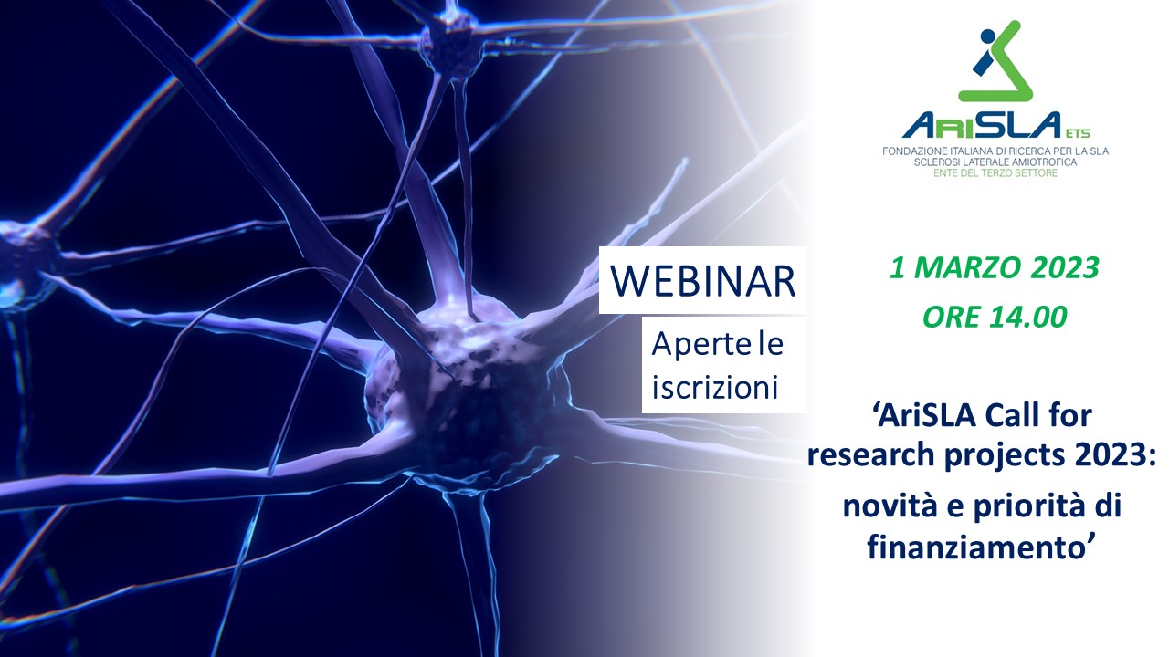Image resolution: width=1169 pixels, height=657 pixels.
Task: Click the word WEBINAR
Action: click(x=703, y=282)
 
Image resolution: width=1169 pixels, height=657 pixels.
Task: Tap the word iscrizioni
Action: click(x=715, y=388)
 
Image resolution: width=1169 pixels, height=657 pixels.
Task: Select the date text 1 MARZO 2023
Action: click(x=995, y=267)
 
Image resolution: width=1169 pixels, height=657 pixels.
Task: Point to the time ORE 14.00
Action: click(x=995, y=317)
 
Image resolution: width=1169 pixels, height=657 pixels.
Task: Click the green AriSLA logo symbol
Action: click(x=995, y=61)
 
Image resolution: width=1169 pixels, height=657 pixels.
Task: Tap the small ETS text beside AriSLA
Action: click(x=1079, y=133)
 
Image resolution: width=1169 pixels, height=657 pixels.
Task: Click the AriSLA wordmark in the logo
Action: click(x=982, y=125)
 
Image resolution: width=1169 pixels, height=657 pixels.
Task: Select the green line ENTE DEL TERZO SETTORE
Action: click(x=995, y=173)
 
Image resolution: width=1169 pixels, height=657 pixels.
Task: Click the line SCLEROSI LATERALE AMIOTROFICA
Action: click(x=995, y=162)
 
